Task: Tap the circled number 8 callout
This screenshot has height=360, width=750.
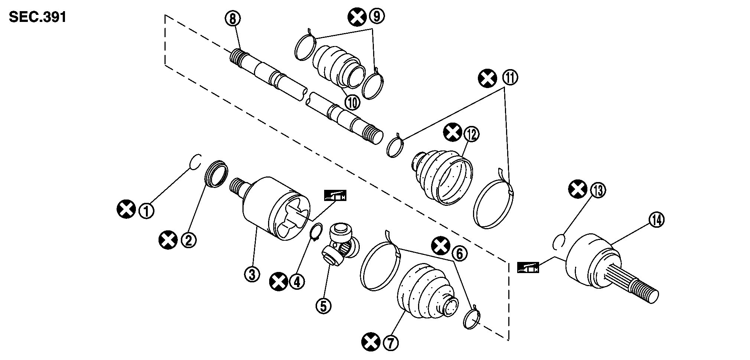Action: tap(233, 19)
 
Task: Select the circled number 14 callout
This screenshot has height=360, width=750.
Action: tap(656, 220)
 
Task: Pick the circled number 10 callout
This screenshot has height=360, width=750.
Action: tap(352, 102)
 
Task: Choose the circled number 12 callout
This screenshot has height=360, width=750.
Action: tap(471, 134)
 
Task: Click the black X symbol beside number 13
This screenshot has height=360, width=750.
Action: tap(578, 189)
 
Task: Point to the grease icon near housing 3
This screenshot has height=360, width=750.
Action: tap(335, 195)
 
